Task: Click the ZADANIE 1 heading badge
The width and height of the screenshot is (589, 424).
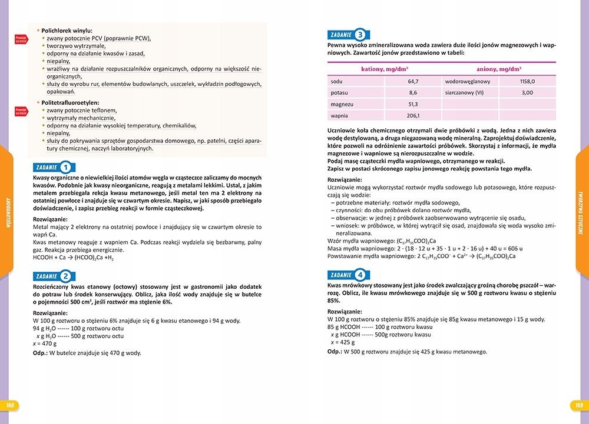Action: point(53,166)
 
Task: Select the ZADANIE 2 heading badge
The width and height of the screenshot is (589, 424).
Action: point(53,275)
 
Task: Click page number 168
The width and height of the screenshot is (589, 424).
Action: point(10,405)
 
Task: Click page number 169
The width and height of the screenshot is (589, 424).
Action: point(578,405)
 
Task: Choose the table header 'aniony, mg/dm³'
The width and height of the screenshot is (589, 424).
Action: point(499,69)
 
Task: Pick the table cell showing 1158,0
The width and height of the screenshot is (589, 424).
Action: point(527,81)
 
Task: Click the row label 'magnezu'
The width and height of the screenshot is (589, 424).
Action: point(342,104)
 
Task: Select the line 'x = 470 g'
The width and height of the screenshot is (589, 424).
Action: point(45,343)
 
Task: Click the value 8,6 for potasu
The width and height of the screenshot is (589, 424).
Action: point(413,92)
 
